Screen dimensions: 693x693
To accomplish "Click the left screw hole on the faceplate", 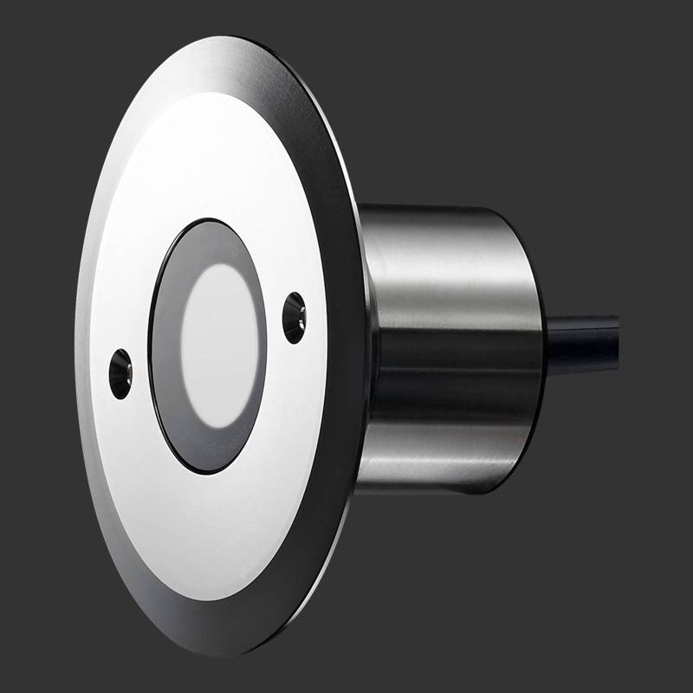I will [120, 373].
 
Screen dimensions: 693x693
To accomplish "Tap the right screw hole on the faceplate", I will [295, 317].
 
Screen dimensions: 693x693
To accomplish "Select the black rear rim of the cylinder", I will [536, 346].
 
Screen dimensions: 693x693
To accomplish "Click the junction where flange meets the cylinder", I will [368, 346].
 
